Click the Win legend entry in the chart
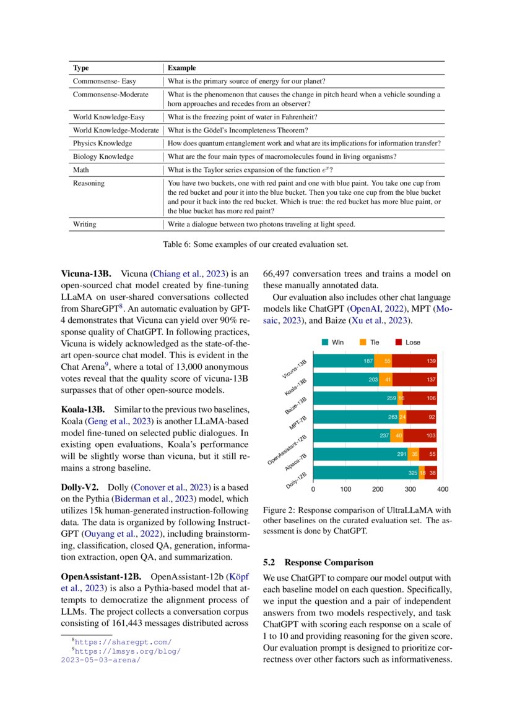point(332,342)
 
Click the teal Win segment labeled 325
point(365,473)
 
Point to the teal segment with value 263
point(355,417)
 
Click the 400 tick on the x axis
point(442,489)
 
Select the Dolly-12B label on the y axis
point(297,481)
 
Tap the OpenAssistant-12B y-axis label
point(285,450)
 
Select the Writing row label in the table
point(85,224)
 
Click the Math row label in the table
point(81,169)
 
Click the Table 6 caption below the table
point(256,244)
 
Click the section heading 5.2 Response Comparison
point(318,562)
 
